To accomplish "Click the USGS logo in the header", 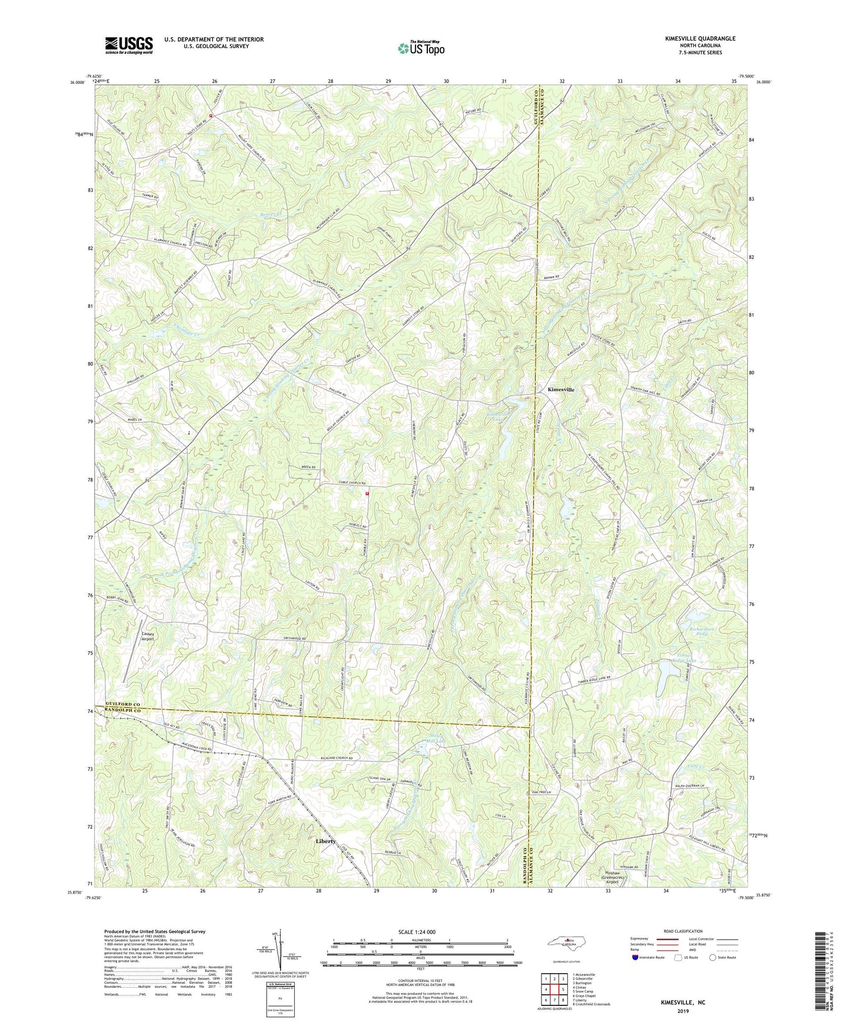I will (x=129, y=45).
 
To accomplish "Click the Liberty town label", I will (x=326, y=841).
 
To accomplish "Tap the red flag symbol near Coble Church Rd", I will (x=367, y=493).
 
